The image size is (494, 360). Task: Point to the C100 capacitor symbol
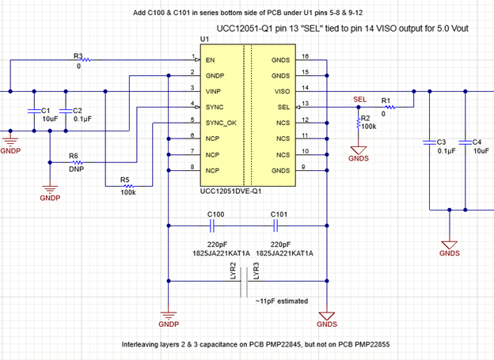pos(215,225)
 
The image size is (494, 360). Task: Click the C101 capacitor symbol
pos(279,225)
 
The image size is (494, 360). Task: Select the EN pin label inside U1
pos(211,59)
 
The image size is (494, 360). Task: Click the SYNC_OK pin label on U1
pos(222,123)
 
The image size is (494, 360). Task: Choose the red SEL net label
pos(359,100)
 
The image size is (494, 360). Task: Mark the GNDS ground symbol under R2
pos(358,150)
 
